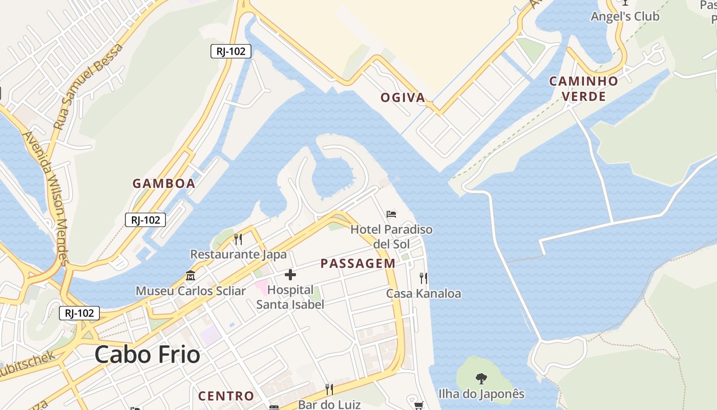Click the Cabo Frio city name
[147, 354]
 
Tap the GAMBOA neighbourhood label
[164, 183]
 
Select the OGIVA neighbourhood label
[403, 97]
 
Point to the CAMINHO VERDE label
[583, 89]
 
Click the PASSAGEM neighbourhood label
[358, 263]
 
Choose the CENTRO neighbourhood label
[226, 396]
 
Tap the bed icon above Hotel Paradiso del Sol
[391, 214]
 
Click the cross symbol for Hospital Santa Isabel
[290, 275]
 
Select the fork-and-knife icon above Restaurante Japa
[238, 239]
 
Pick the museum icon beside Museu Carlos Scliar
[191, 276]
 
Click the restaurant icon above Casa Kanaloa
[424, 278]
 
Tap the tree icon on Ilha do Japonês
[481, 379]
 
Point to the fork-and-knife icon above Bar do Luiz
[329, 389]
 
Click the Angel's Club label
[625, 16]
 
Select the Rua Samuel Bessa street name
[88, 86]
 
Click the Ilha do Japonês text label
[481, 394]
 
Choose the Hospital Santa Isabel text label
[290, 297]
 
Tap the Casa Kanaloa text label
[424, 294]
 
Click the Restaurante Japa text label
[238, 254]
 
